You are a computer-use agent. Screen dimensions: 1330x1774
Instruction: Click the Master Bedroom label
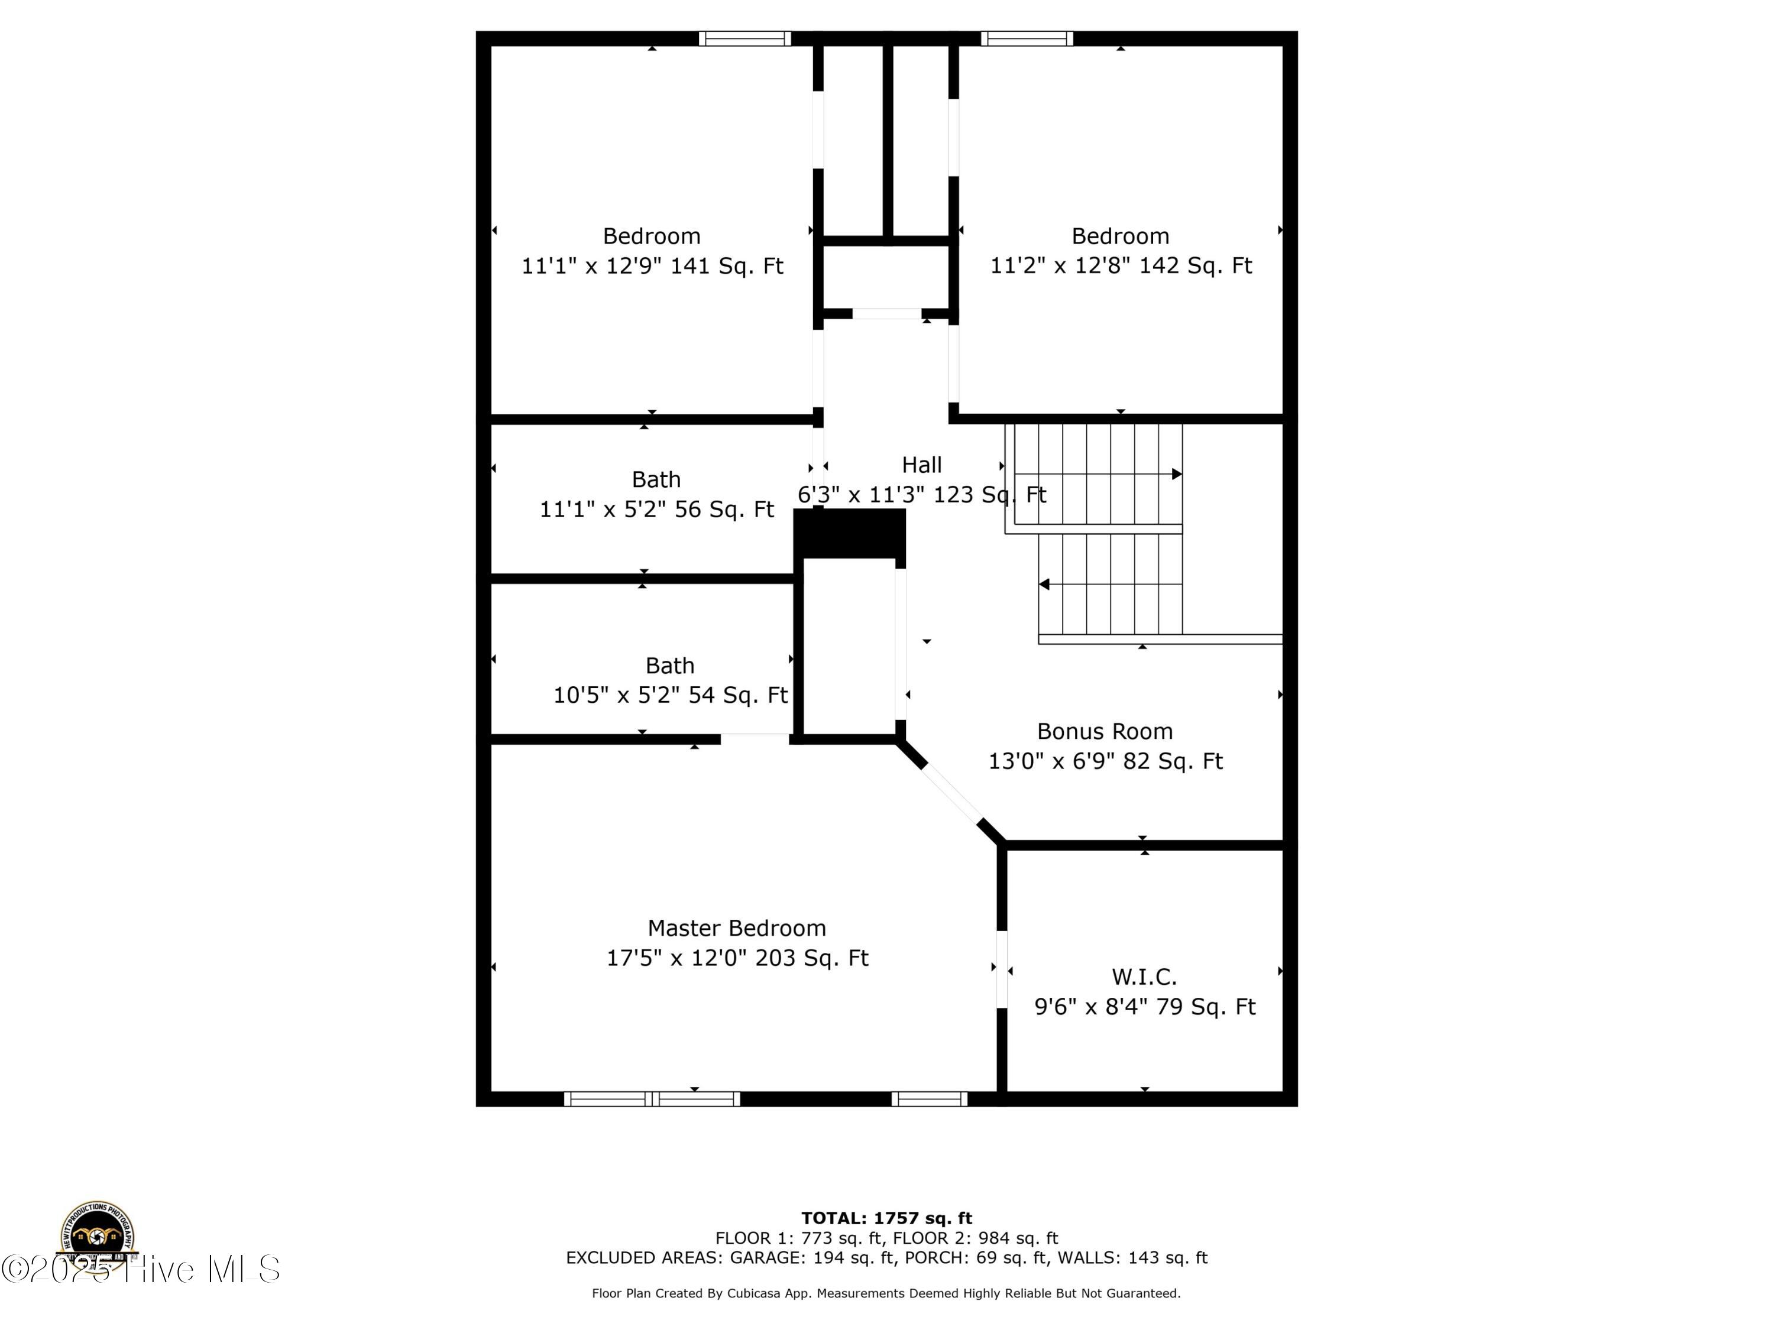(736, 929)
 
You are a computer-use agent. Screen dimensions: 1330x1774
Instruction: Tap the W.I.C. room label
(1144, 977)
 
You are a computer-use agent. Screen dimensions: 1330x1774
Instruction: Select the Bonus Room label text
(1105, 731)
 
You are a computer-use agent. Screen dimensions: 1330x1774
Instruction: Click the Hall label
(921, 465)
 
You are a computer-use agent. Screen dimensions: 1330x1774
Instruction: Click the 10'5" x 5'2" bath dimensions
(669, 695)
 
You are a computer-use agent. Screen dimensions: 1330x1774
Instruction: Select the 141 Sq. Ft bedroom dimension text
(652, 265)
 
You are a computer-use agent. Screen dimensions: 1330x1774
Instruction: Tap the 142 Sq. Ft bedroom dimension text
(1121, 265)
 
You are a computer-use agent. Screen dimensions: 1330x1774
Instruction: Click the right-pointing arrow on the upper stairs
(1177, 474)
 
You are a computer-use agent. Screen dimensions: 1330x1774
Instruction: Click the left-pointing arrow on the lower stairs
(1044, 585)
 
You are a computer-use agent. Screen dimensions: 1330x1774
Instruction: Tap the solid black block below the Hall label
(849, 533)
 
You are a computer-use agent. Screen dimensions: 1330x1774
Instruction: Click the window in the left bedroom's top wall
(744, 38)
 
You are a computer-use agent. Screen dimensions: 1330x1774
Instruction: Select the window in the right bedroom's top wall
(1027, 38)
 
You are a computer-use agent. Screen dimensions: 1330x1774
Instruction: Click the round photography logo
(97, 1235)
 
